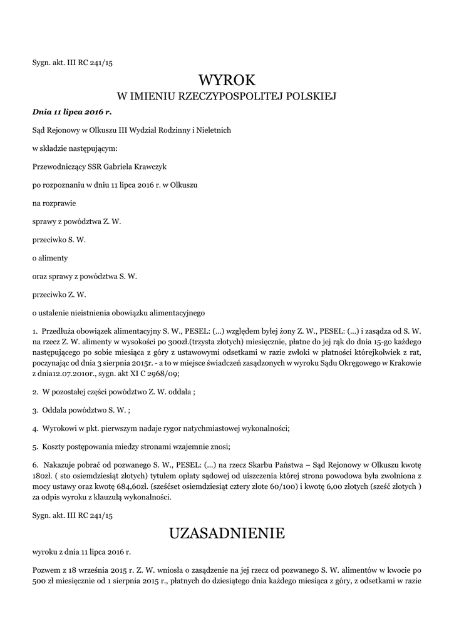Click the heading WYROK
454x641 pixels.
[x=227, y=80]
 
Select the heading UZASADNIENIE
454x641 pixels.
[x=227, y=533]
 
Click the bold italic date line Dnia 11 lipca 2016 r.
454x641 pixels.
[x=71, y=111]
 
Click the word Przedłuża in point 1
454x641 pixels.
[x=61, y=330]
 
